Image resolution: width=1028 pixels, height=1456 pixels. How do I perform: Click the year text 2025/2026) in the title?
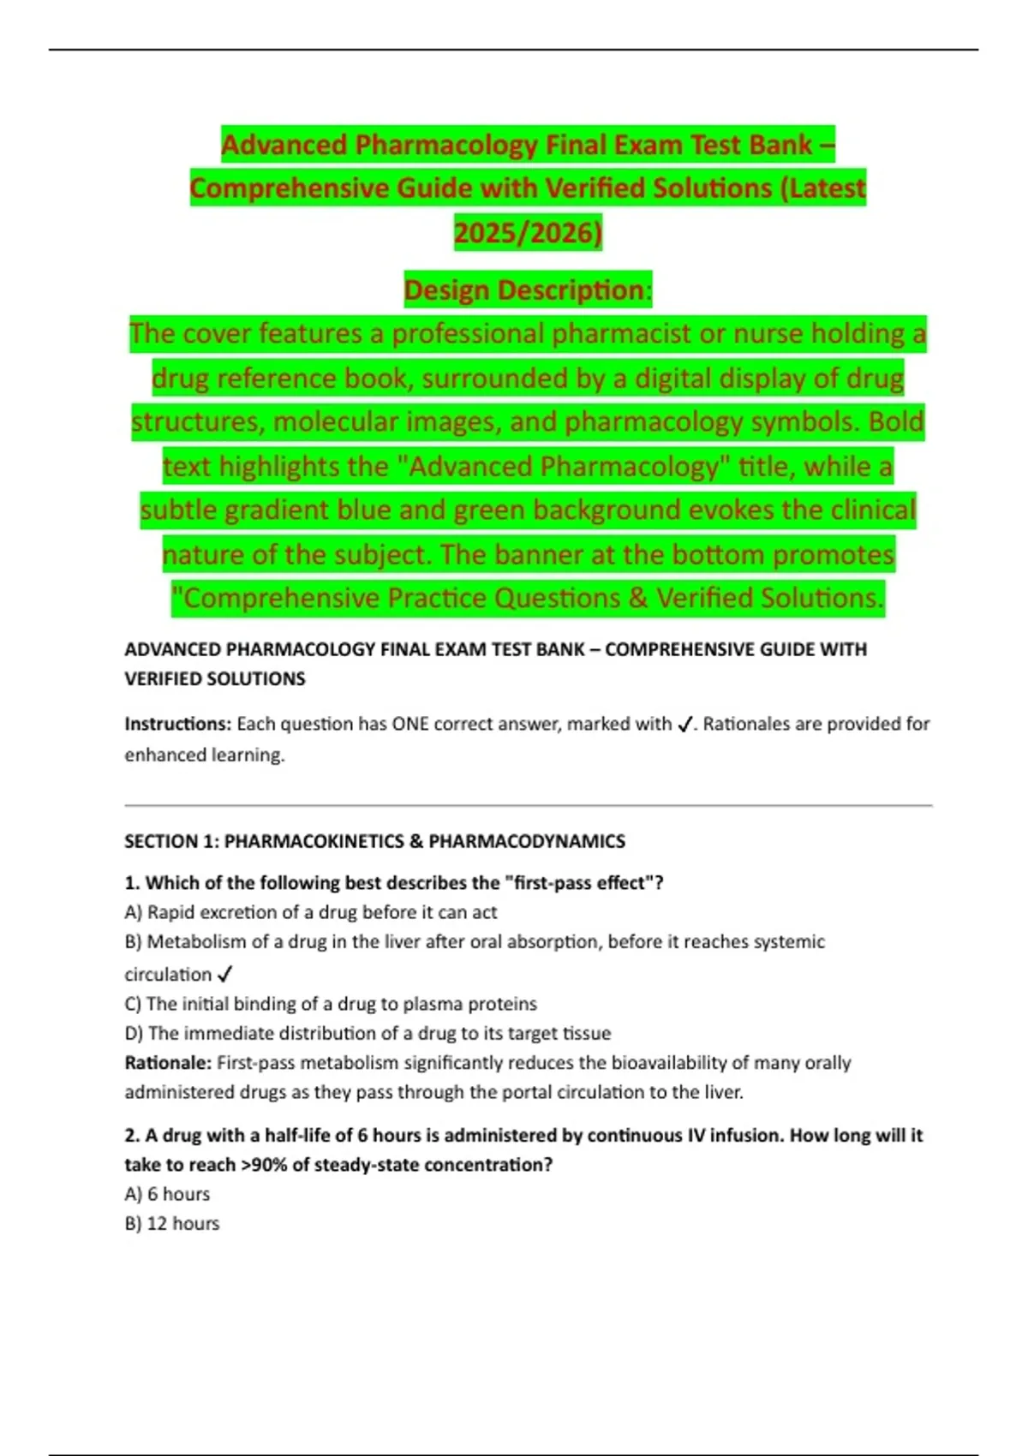tap(528, 232)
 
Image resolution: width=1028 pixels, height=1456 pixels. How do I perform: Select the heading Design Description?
tap(528, 290)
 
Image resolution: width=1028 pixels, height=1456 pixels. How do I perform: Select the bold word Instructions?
tap(177, 724)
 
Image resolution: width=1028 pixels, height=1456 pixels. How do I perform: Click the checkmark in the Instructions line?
tap(684, 725)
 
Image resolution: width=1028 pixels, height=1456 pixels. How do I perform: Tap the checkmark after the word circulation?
tap(225, 975)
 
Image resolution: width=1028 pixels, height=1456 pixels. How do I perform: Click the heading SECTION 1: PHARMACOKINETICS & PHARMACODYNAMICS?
tap(374, 841)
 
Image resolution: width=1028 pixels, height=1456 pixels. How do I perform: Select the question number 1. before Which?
tap(132, 883)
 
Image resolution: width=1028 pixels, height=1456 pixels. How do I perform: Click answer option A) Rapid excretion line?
tap(310, 912)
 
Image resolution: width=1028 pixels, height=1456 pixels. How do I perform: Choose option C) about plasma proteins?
tap(331, 1004)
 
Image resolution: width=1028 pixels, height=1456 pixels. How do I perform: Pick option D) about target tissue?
tap(368, 1033)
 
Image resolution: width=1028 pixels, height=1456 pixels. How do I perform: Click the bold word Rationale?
tap(168, 1063)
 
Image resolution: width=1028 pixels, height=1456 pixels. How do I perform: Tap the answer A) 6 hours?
tap(167, 1194)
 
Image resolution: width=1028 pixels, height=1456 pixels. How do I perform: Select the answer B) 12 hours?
tap(172, 1223)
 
